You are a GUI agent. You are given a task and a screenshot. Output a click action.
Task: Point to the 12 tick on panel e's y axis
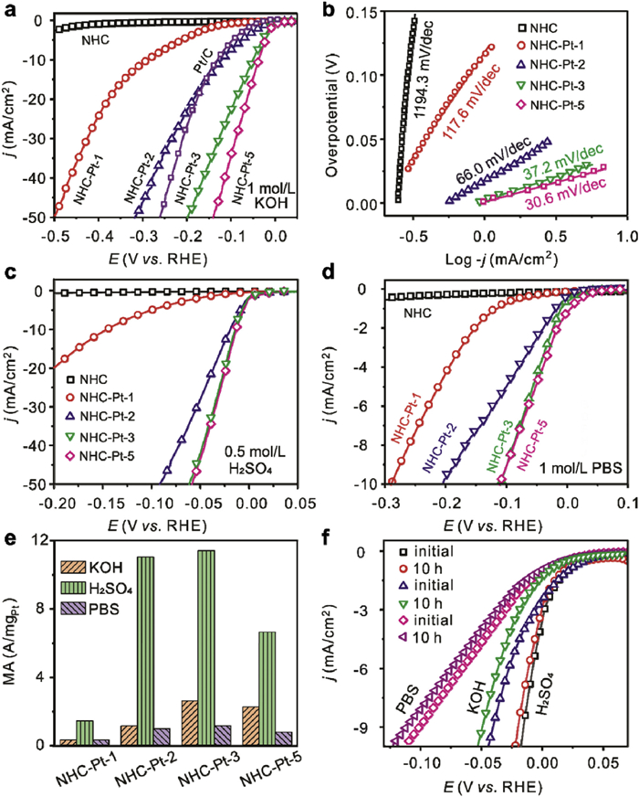coord(39,541)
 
